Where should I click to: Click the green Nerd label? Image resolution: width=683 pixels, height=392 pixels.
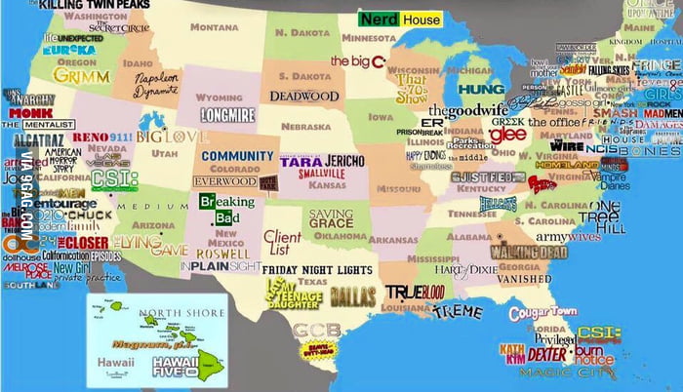click(x=379, y=19)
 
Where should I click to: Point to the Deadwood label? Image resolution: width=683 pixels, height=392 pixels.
click(x=303, y=96)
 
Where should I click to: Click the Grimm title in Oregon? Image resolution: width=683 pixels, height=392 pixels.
click(x=81, y=75)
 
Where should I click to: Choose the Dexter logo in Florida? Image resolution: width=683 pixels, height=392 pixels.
click(x=546, y=353)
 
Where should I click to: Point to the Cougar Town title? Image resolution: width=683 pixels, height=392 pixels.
click(x=542, y=313)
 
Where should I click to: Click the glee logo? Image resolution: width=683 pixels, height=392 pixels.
click(x=507, y=134)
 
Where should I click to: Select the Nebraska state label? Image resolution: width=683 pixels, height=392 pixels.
click(x=305, y=127)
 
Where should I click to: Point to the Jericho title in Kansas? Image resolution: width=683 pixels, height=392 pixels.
click(x=342, y=160)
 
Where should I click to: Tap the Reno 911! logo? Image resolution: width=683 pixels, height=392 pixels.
click(x=96, y=137)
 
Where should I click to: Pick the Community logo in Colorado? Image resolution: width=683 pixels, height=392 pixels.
click(x=237, y=155)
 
